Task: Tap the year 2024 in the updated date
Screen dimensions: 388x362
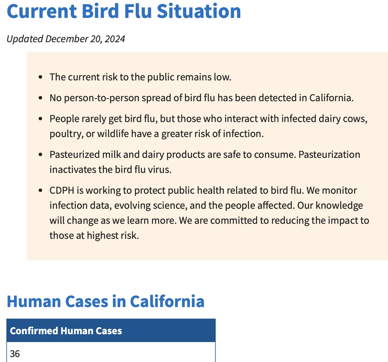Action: (115, 39)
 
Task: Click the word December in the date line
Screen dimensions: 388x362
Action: (67, 39)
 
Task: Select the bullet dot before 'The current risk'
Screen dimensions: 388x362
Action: (40, 77)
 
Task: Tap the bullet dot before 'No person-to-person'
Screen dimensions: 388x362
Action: (40, 98)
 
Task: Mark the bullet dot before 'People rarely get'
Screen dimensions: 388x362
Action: (40, 119)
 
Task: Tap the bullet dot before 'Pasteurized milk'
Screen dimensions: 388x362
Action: (40, 154)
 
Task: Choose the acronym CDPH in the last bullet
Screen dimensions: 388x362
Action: (62, 190)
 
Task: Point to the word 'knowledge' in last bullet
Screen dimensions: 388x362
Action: (339, 206)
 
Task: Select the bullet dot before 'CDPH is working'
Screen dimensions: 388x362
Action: (40, 190)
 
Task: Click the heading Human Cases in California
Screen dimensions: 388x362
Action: (106, 301)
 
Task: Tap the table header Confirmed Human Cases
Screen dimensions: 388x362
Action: (66, 331)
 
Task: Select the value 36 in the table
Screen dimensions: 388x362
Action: (15, 354)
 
